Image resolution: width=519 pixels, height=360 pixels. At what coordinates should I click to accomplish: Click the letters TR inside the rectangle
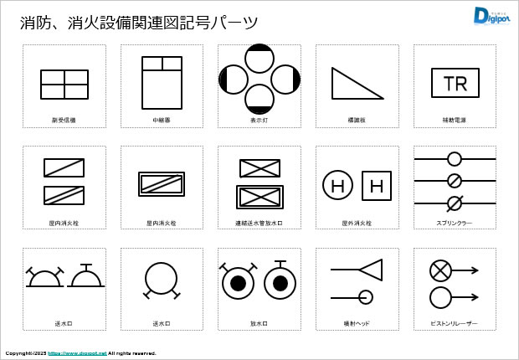pyautogui.click(x=455, y=84)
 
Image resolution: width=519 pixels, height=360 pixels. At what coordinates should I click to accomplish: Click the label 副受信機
pyautogui.click(x=64, y=121)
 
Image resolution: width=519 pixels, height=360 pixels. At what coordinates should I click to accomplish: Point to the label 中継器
pyautogui.click(x=162, y=121)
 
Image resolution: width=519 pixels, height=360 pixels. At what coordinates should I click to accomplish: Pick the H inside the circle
pyautogui.click(x=337, y=186)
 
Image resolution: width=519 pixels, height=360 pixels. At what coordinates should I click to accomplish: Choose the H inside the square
pyautogui.click(x=377, y=186)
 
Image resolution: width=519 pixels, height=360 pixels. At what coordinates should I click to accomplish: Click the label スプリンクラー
pyautogui.click(x=455, y=224)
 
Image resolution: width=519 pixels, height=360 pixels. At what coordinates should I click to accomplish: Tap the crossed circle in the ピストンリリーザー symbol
pyautogui.click(x=440, y=270)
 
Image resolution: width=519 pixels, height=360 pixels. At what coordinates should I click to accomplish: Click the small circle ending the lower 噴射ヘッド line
pyautogui.click(x=366, y=296)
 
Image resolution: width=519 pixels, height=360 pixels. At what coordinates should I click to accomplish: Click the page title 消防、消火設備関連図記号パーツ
pyautogui.click(x=139, y=23)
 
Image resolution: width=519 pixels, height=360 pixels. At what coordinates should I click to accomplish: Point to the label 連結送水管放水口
pyautogui.click(x=259, y=224)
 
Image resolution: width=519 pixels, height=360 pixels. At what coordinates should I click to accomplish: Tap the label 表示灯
pyautogui.click(x=259, y=121)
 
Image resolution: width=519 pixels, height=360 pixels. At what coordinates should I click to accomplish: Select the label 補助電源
pyautogui.click(x=455, y=121)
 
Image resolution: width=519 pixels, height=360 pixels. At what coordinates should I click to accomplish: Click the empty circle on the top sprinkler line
pyautogui.click(x=455, y=158)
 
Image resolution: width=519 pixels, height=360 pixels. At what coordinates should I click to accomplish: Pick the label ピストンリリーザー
pyautogui.click(x=455, y=323)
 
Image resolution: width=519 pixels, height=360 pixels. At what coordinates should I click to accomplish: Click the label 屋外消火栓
pyautogui.click(x=357, y=224)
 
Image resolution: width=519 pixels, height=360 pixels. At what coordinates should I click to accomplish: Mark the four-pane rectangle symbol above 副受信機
pyautogui.click(x=64, y=85)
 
